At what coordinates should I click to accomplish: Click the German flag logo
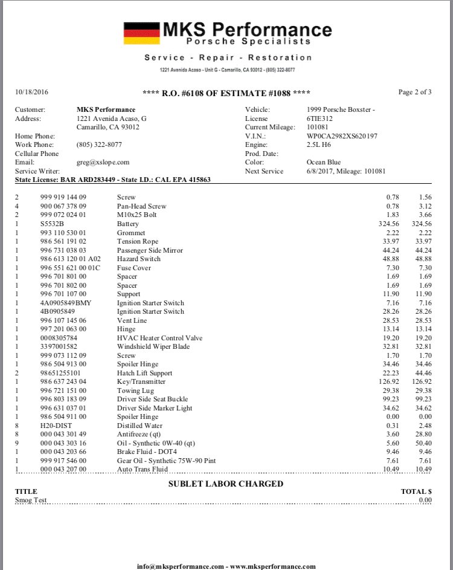pos(141,33)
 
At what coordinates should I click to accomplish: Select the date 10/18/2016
pos(31,92)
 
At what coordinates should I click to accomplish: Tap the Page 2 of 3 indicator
pos(415,92)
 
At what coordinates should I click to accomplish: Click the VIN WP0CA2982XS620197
pos(342,136)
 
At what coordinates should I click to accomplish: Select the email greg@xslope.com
pos(103,163)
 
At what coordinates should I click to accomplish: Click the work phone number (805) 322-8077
pos(99,145)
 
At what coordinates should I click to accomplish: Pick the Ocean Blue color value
pos(324,163)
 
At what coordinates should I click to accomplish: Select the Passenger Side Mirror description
pos(150,250)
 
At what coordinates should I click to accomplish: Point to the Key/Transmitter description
pos(141,382)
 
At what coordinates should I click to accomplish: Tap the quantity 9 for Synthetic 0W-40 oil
pos(17,443)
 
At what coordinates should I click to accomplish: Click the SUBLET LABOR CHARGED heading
pos(225,484)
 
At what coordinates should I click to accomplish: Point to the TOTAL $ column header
pos(416,492)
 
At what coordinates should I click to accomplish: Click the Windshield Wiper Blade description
pos(153,347)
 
